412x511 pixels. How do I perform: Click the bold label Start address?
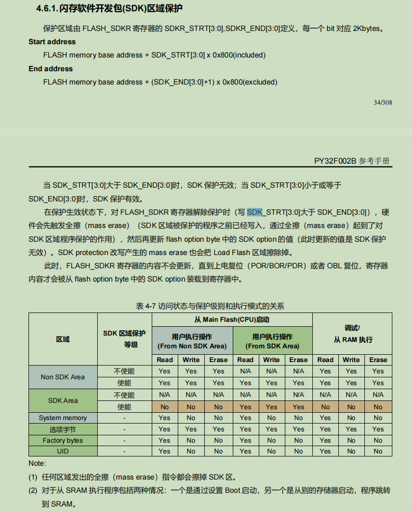(52, 42)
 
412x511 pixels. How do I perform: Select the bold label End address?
(51, 69)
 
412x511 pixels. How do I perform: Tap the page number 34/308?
(383, 102)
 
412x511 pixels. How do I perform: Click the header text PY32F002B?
(335, 161)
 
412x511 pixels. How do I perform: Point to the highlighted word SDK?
(255, 212)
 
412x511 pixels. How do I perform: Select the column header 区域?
(63, 339)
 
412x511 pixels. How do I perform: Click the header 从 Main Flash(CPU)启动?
(232, 319)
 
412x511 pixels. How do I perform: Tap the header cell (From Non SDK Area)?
(192, 346)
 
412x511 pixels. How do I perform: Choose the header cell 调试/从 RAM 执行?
(352, 334)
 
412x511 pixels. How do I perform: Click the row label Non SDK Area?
(63, 377)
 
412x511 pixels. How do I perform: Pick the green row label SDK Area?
(63, 400)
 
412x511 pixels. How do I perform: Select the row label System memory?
(63, 418)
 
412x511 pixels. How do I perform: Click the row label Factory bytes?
(63, 440)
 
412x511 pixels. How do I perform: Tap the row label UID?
(63, 451)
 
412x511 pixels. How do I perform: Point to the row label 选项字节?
(63, 429)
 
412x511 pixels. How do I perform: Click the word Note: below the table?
(37, 463)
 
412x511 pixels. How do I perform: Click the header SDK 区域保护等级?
(124, 339)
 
